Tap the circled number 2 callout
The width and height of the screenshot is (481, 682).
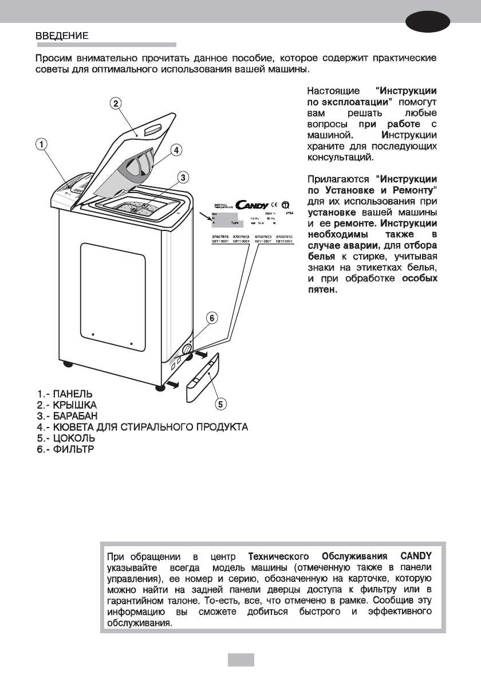click(x=115, y=103)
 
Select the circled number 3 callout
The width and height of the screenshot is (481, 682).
click(x=182, y=176)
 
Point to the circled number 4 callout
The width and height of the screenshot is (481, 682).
click(x=176, y=150)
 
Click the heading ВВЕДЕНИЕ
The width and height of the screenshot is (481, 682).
click(x=62, y=35)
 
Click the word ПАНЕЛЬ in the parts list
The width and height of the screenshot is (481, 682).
click(x=72, y=394)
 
